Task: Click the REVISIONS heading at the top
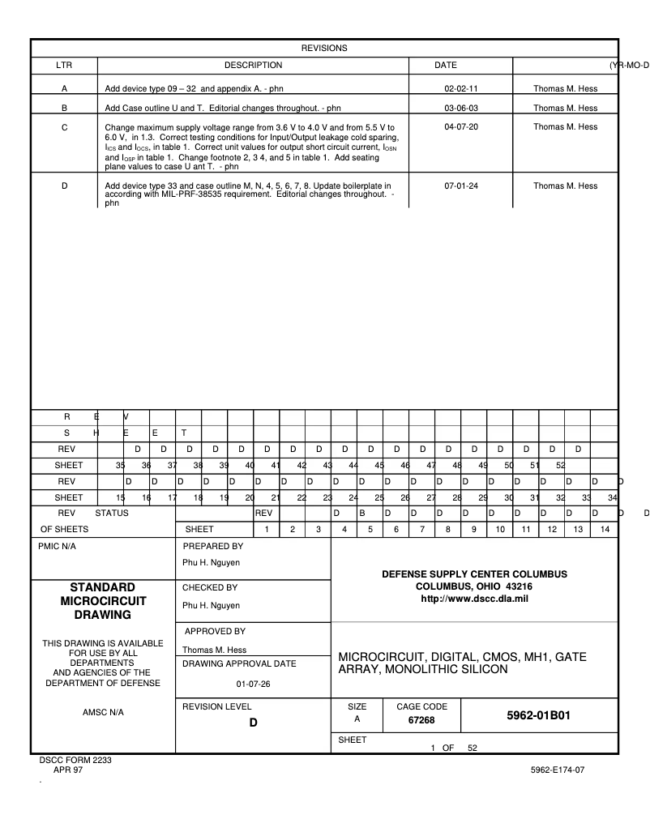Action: [x=324, y=48]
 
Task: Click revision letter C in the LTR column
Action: [x=64, y=127]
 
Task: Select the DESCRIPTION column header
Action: [x=253, y=65]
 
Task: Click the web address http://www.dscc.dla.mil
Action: [x=474, y=598]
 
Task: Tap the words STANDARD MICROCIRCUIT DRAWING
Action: [x=103, y=601]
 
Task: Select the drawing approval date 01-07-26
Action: [x=253, y=683]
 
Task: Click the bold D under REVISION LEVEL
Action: [x=253, y=723]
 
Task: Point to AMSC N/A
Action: [x=103, y=713]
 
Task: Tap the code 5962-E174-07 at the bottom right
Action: [x=557, y=770]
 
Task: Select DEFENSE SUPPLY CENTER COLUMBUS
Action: [x=474, y=574]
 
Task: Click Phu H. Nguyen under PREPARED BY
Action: [x=211, y=562]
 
